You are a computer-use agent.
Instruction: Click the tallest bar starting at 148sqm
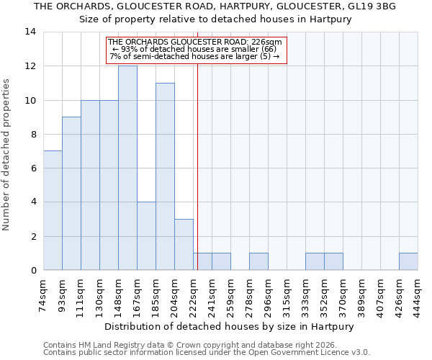127,168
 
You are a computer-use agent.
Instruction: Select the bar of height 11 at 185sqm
165,176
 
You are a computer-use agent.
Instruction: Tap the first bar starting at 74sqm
53,210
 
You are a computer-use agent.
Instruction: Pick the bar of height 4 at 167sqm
146,236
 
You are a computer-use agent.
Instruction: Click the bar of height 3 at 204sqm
184,245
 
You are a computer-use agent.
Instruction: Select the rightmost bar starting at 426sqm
408,261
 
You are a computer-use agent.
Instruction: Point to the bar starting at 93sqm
71,193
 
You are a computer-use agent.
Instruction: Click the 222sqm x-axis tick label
193,295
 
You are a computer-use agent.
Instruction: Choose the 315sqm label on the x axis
287,295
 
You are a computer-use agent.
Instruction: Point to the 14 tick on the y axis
30,32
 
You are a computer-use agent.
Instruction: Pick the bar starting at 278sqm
258,261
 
